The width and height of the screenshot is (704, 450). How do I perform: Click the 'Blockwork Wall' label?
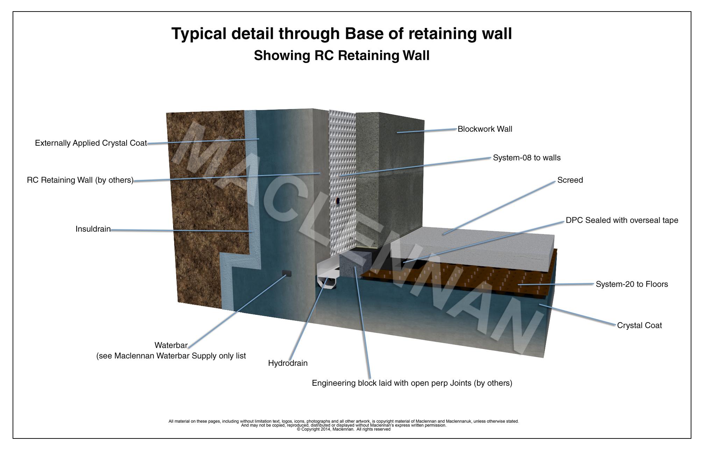pos(485,129)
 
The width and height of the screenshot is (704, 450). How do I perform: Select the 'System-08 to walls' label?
pos(527,158)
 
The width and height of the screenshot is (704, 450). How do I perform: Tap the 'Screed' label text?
pos(570,180)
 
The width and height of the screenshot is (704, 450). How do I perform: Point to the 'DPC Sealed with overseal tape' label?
pos(622,220)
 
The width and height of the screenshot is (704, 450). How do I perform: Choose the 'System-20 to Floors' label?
pos(632,284)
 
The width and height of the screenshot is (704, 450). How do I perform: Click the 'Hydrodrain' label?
pos(288,363)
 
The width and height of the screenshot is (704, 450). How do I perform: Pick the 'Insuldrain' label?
pos(93,229)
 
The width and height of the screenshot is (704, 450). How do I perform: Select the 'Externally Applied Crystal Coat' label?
pos(91,143)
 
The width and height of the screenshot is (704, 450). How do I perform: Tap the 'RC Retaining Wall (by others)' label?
pos(80,180)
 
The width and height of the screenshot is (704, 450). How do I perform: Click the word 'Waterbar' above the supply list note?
pos(171,346)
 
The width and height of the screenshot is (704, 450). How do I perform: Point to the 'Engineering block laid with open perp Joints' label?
pos(412,383)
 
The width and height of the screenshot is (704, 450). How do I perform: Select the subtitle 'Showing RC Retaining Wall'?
pos(341,56)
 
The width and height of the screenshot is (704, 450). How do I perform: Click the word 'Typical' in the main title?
pos(199,34)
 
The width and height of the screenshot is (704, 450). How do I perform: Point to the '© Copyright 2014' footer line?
pos(343,429)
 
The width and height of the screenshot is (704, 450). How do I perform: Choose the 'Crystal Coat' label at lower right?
pos(639,326)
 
